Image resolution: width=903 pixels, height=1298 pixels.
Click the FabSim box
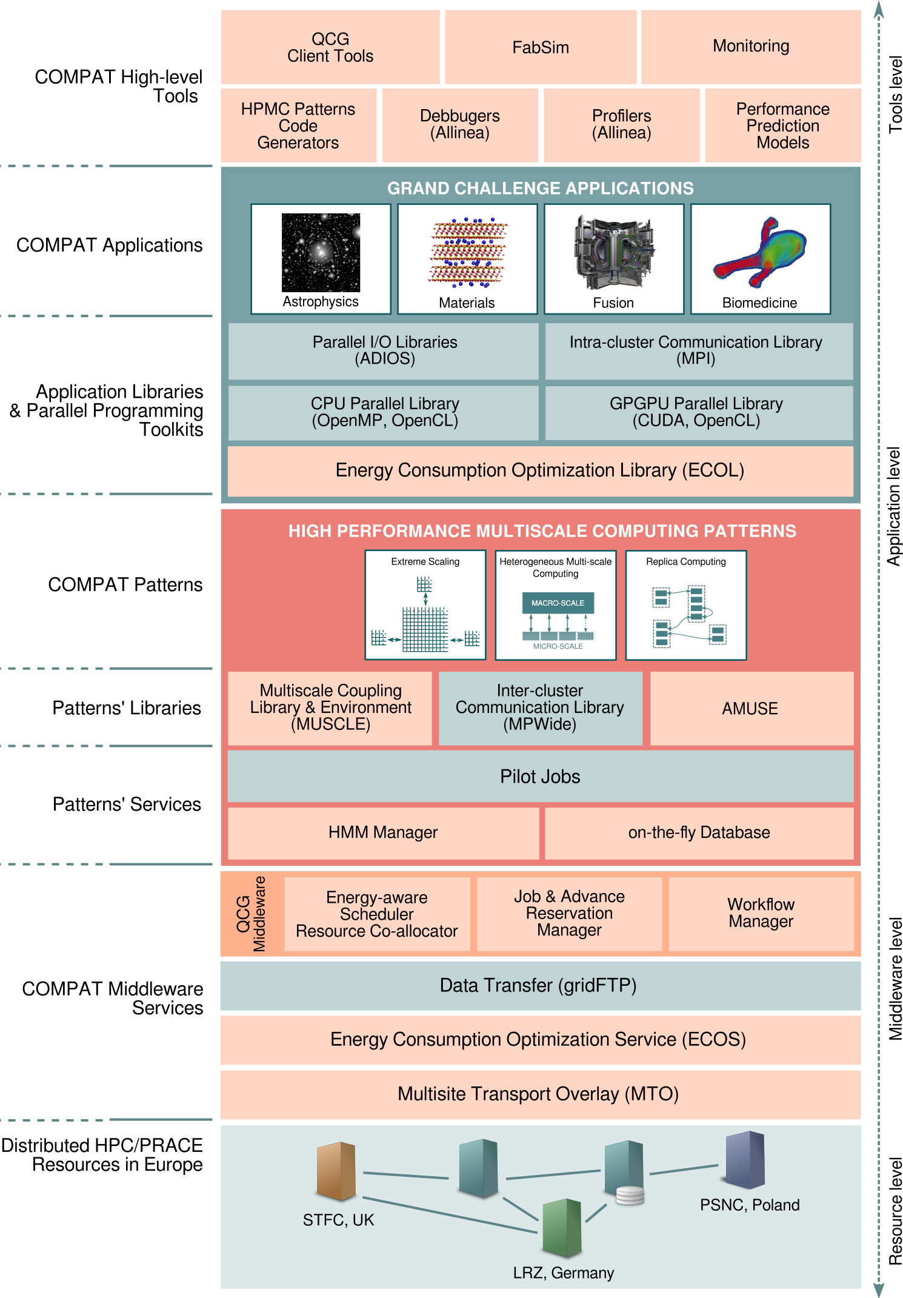coord(541,47)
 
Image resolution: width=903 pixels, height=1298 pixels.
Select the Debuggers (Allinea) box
coord(460,125)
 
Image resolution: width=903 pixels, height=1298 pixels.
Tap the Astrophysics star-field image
coord(321,252)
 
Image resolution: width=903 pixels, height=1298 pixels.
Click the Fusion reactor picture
coord(613,253)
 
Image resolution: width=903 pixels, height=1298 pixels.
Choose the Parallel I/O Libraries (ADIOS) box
coord(384,350)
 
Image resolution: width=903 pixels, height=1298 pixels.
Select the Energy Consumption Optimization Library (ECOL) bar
coord(540,470)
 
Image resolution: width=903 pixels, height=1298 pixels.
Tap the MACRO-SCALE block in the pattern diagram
coord(558,603)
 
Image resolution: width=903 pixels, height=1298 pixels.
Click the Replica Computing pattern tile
coord(686,605)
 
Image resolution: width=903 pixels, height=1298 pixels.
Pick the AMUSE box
coord(750,708)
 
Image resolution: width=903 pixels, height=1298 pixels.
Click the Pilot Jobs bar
coord(540,777)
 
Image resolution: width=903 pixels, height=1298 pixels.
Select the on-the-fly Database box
coord(699,832)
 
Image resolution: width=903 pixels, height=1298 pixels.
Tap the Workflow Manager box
coord(761,914)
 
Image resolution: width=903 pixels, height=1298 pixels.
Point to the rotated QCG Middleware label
coord(252,914)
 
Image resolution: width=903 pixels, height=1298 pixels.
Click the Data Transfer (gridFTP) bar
coord(540,986)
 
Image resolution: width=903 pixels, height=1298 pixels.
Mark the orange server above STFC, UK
coord(336,1171)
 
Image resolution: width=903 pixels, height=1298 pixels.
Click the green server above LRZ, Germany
coord(562,1228)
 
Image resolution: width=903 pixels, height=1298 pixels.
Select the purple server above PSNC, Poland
coord(745,1160)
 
